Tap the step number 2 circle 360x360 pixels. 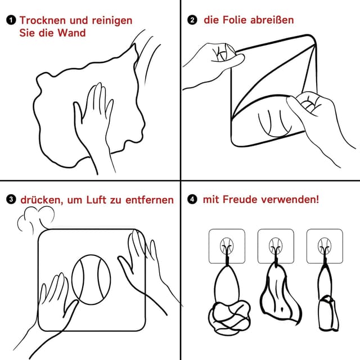point(192,21)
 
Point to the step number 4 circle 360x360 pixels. point(192,200)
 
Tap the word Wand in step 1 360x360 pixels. point(73,33)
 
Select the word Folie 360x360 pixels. point(239,21)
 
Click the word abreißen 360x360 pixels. point(274,21)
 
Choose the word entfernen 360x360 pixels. point(148,200)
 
